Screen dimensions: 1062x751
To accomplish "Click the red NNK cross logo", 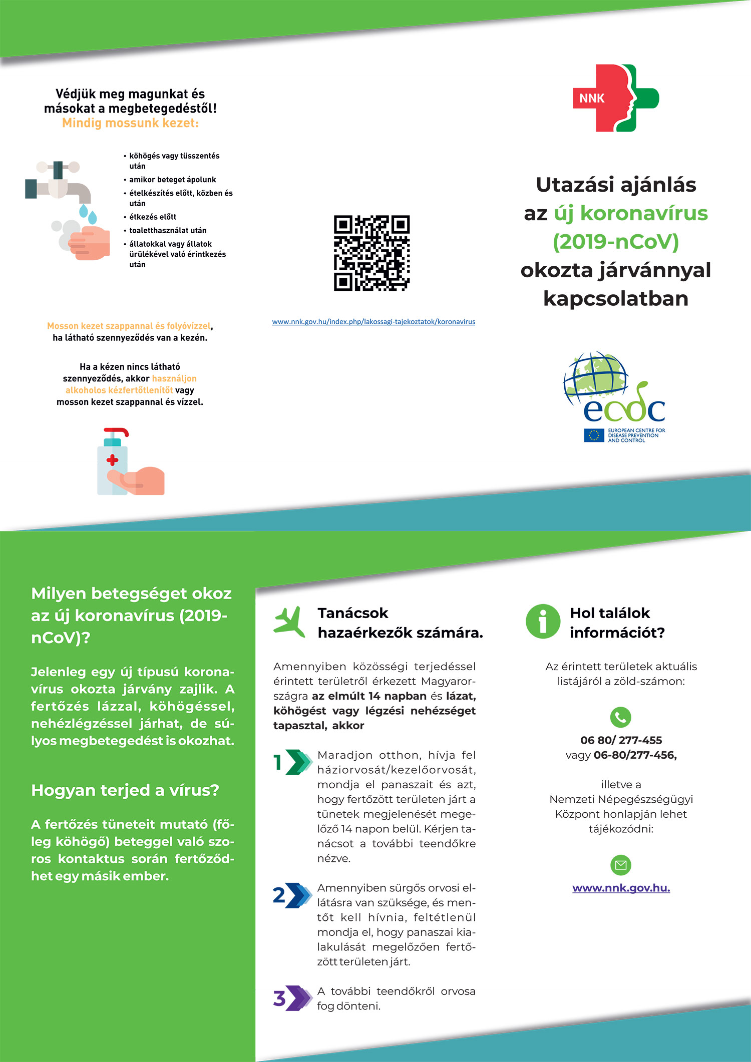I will tap(615, 98).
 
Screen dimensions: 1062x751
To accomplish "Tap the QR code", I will tap(371, 253).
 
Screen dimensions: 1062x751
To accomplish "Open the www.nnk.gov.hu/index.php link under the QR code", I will tap(373, 322).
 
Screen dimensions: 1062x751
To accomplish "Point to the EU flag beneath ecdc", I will tap(594, 435).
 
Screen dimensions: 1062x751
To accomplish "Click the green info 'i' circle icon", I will tap(543, 622).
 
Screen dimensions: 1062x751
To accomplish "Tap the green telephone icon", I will tap(621, 717).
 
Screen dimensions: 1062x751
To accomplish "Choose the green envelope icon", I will tap(621, 865).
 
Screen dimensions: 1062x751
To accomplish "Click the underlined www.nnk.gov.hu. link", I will tap(621, 888).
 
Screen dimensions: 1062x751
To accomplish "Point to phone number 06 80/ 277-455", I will tap(621, 740).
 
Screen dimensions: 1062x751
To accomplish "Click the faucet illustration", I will tap(59, 183).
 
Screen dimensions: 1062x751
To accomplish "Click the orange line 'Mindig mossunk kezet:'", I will tap(130, 123).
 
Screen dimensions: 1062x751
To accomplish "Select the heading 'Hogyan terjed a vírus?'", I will tap(125, 790).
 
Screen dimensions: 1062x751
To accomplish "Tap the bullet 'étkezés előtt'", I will tap(153, 217).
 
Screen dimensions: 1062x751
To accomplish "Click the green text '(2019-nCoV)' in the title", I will tap(616, 242).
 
